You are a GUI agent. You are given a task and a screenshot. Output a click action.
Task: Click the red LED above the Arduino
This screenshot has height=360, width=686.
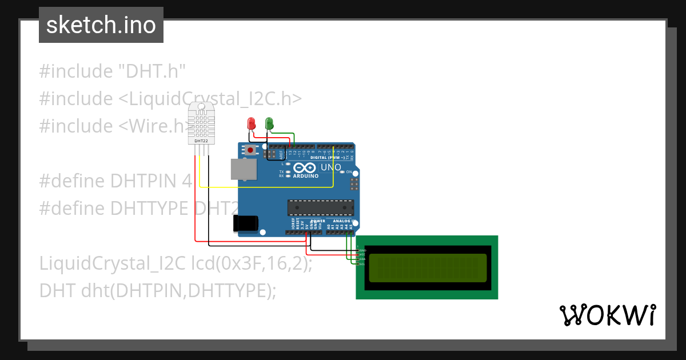coord(250,123)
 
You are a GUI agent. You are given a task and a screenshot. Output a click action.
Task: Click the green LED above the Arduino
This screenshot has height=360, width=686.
coord(269,123)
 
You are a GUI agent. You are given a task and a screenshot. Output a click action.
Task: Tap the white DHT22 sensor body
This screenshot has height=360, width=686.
coord(201,123)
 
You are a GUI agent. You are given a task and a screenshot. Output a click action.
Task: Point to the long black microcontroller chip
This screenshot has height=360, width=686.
coord(317,209)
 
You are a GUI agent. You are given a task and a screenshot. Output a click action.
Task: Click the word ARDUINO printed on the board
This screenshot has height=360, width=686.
coord(305,177)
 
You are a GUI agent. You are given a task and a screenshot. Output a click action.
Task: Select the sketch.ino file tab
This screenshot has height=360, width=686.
coord(101,25)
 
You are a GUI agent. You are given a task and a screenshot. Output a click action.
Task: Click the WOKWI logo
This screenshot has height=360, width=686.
coord(608,315)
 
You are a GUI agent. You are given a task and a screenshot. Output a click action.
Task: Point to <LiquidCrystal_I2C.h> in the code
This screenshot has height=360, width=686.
coord(210,99)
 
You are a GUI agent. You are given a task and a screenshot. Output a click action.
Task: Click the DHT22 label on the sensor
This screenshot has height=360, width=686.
coord(201,141)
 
